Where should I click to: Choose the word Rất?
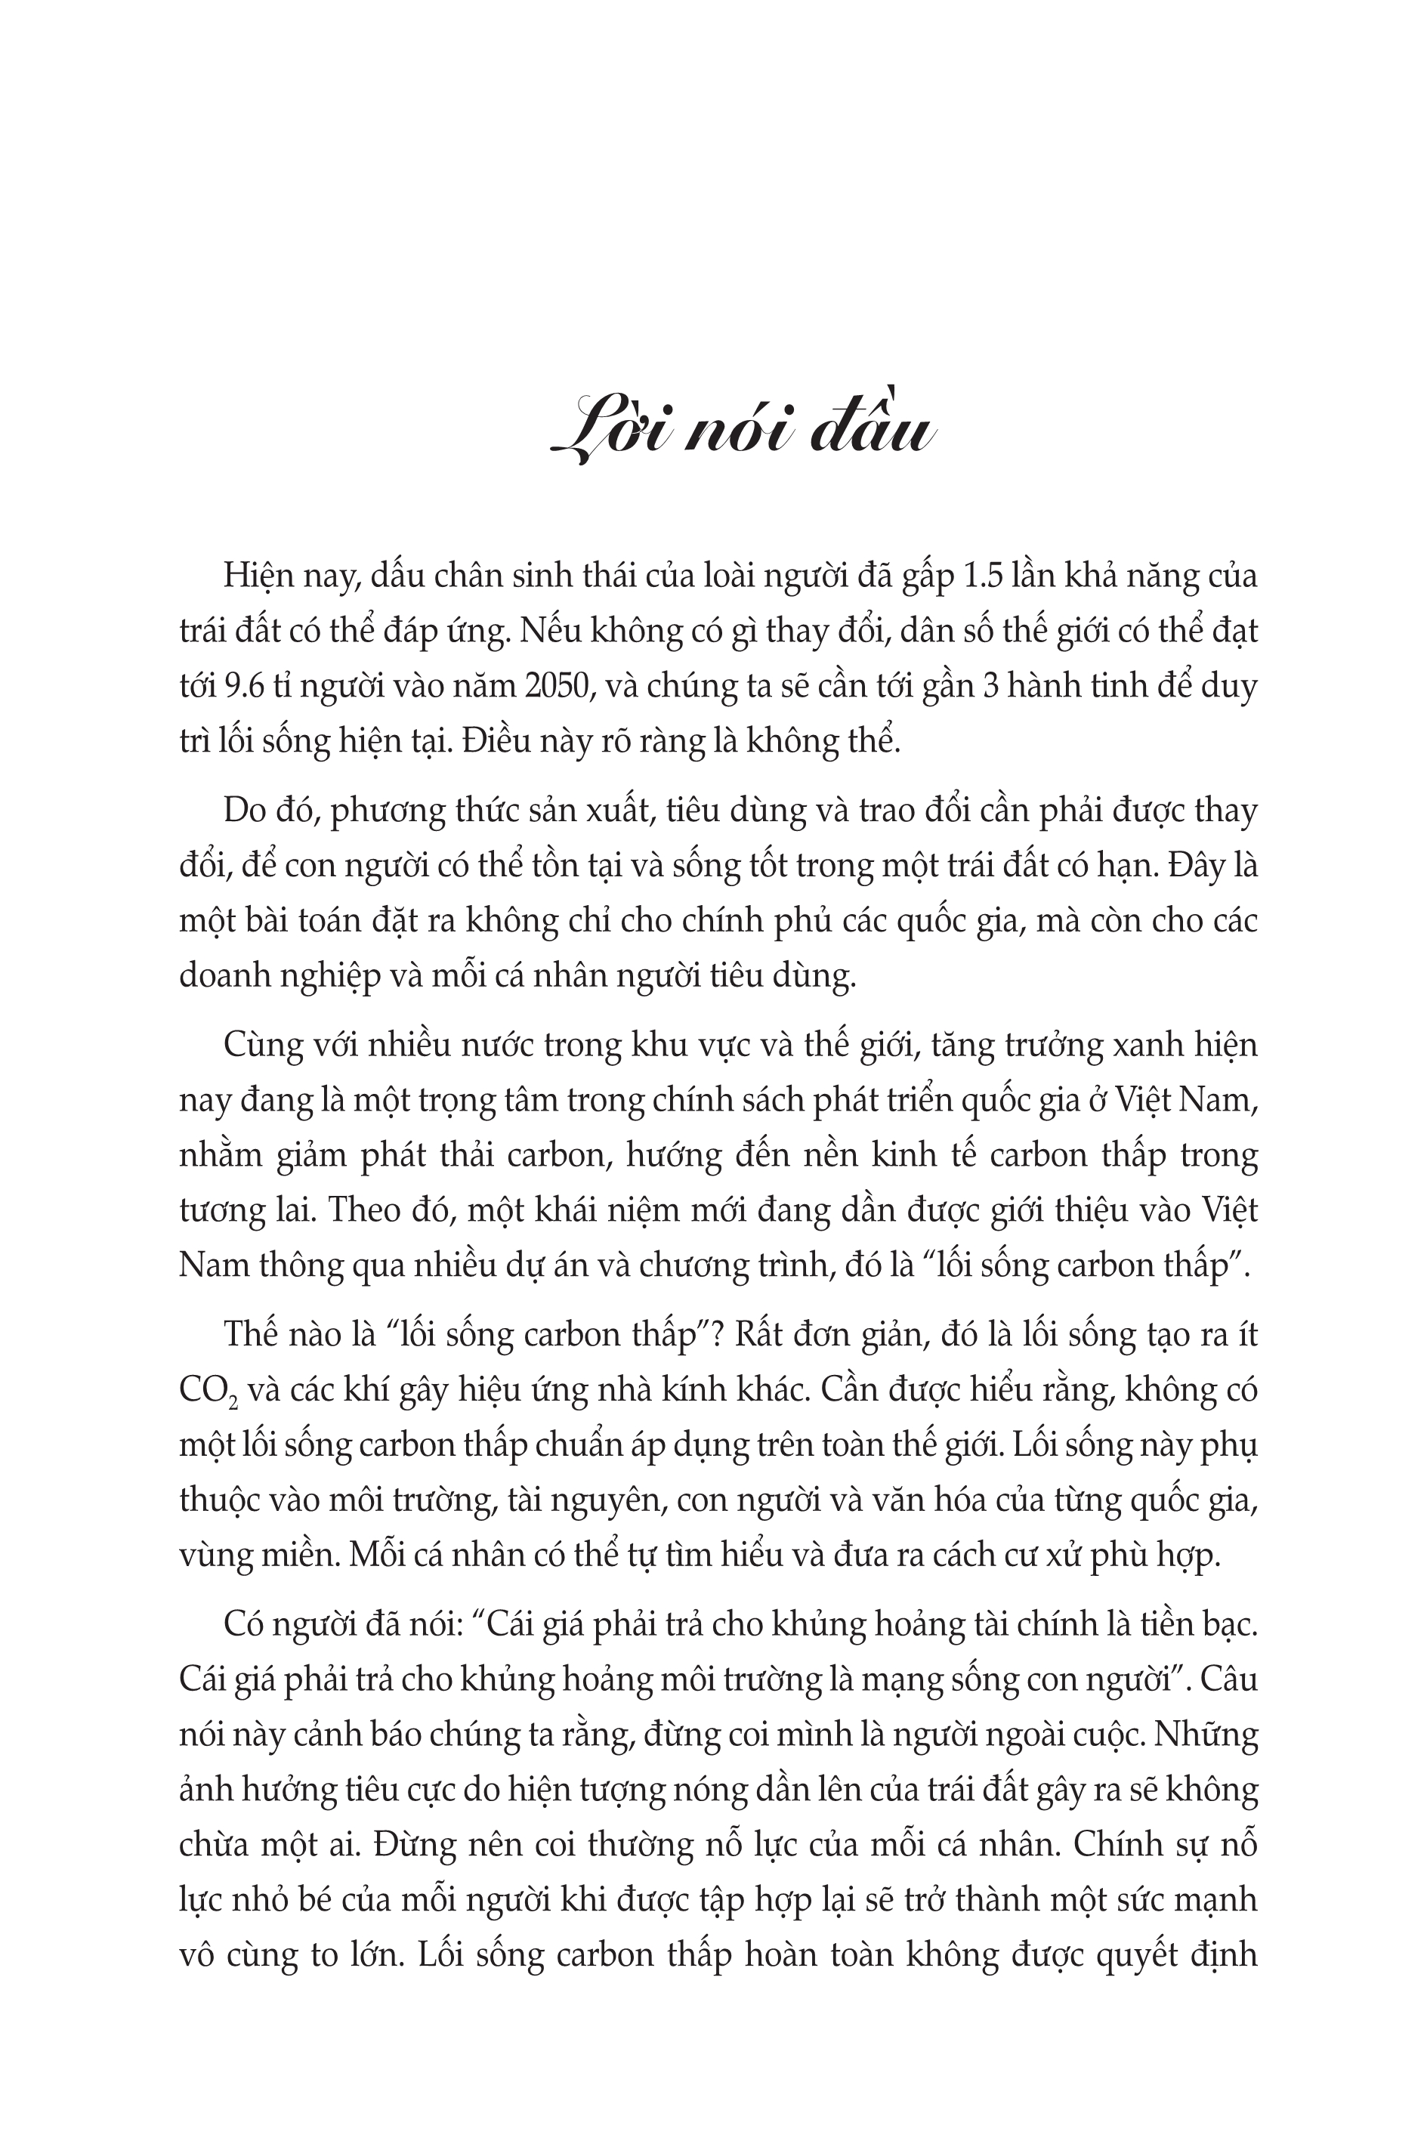pyautogui.click(x=752, y=1335)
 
